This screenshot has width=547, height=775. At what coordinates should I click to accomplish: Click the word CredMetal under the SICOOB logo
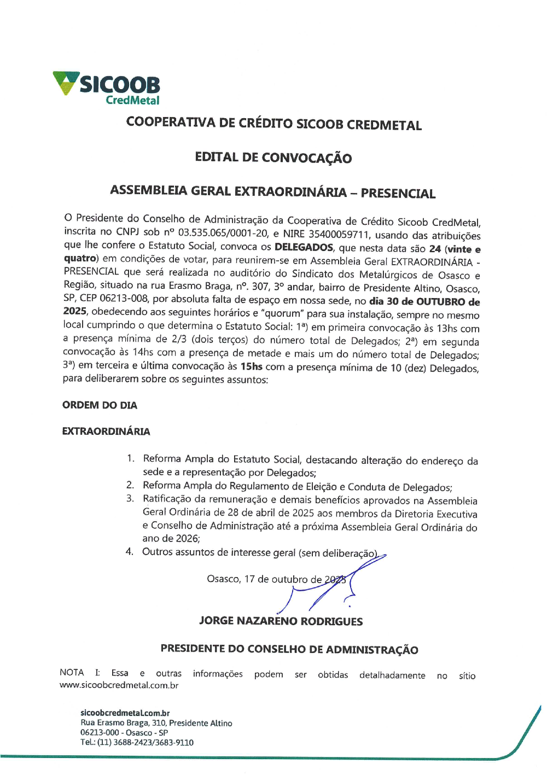[x=132, y=101]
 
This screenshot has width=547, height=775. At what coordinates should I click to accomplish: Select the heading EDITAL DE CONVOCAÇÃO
[x=273, y=158]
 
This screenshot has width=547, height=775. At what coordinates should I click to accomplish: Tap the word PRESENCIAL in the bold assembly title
[x=398, y=193]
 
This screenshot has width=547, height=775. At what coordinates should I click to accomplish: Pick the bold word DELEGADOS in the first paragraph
[x=304, y=247]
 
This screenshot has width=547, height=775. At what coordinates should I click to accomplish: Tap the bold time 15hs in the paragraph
[x=252, y=366]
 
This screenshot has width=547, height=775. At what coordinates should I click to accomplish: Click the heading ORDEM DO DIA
[x=100, y=405]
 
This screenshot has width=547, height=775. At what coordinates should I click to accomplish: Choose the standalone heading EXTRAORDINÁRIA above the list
[x=106, y=432]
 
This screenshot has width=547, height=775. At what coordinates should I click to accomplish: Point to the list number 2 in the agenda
[x=130, y=485]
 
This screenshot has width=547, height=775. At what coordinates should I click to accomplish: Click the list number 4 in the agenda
[x=129, y=551]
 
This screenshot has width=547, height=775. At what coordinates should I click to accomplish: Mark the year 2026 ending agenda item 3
[x=187, y=539]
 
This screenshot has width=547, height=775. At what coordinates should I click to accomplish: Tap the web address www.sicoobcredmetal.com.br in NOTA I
[x=119, y=685]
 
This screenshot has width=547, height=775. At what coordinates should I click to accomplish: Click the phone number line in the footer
[x=137, y=743]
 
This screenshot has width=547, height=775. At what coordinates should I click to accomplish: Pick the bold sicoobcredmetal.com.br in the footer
[x=125, y=713]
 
